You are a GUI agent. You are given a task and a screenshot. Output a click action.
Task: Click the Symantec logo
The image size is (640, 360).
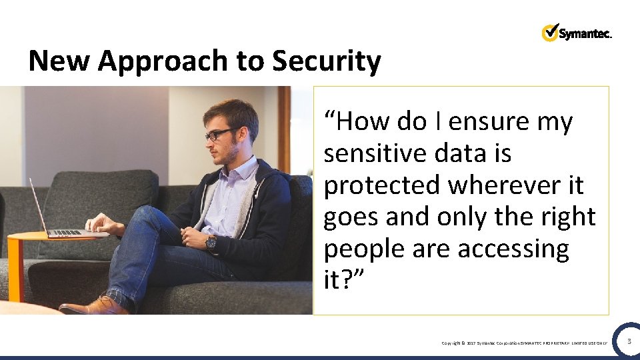(577, 33)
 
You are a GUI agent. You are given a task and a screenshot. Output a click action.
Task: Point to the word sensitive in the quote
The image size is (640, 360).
(377, 153)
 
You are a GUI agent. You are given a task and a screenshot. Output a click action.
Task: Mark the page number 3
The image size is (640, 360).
(628, 341)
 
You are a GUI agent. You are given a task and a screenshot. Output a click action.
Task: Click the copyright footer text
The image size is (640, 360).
(524, 343)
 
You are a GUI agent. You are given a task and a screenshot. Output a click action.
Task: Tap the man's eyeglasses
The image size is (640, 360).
(219, 134)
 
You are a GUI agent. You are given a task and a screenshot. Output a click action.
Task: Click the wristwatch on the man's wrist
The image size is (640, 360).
(211, 243)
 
